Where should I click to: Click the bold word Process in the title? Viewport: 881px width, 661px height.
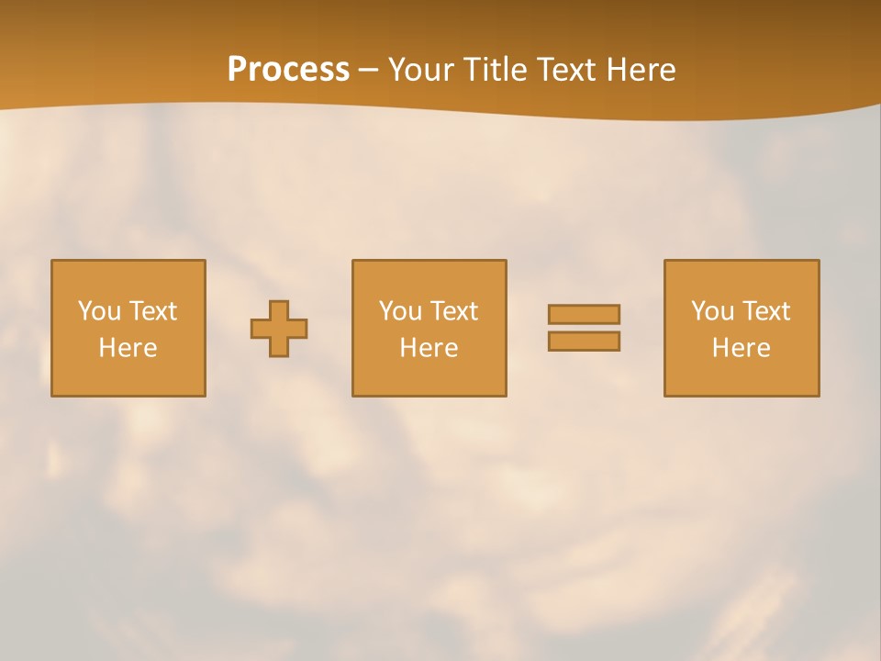coord(288,70)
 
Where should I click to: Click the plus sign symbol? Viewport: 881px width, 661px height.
coord(279,329)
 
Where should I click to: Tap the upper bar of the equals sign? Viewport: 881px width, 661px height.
coord(584,315)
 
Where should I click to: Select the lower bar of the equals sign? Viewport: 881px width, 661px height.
coord(584,341)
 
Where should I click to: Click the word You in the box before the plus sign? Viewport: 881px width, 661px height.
coord(99,311)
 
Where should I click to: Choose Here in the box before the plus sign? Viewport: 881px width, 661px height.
coord(128,348)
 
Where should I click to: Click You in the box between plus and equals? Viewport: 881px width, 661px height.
coord(400,311)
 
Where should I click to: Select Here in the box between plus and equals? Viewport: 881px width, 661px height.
coord(429,348)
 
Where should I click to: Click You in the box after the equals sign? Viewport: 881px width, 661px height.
coord(712,311)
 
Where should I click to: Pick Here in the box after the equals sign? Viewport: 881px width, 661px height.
coord(741,348)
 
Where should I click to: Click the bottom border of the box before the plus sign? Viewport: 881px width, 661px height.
coord(128,396)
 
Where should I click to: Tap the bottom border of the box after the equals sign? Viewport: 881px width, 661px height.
coord(741,396)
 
